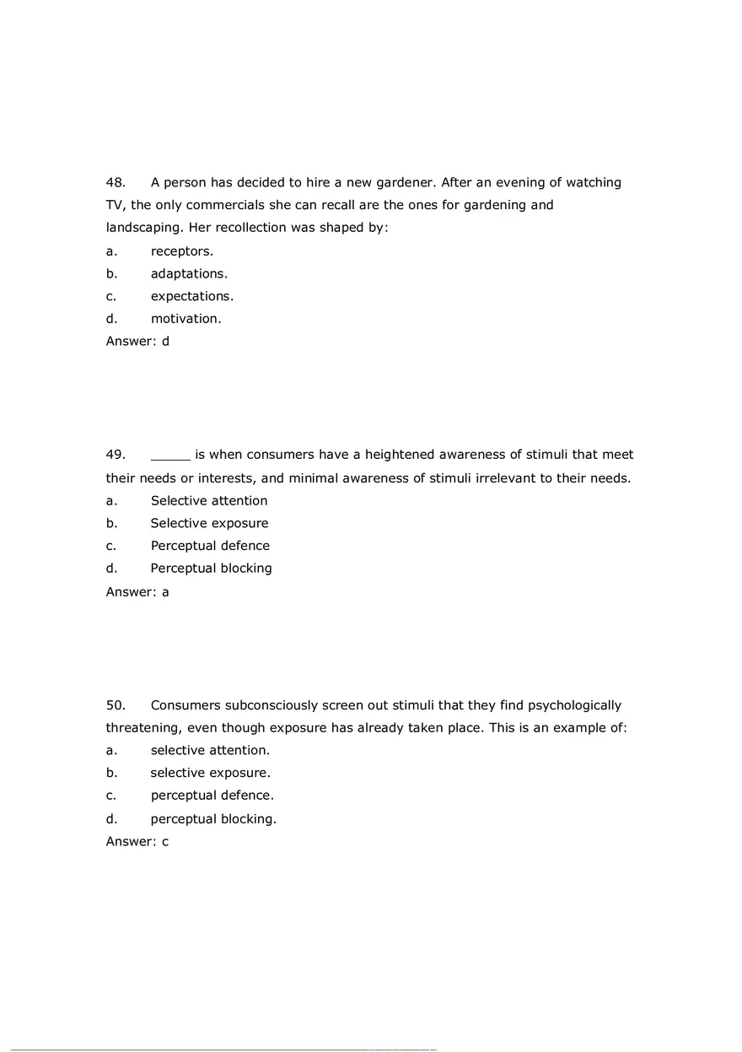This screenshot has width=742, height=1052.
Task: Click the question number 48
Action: pyautogui.click(x=116, y=182)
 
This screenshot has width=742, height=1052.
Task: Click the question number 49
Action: pyautogui.click(x=116, y=455)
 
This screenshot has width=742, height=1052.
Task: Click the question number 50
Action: pyautogui.click(x=116, y=705)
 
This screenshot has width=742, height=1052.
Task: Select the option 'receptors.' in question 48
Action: pyautogui.click(x=181, y=251)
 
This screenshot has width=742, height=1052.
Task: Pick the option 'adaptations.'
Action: pyautogui.click(x=189, y=273)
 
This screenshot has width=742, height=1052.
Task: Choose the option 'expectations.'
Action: pyautogui.click(x=192, y=296)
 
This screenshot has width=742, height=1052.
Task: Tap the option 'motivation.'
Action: pyautogui.click(x=185, y=319)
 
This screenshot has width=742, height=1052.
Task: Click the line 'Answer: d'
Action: pyautogui.click(x=137, y=342)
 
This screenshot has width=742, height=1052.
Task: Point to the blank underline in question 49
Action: pyautogui.click(x=170, y=456)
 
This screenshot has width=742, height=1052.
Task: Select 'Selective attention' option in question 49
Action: pyautogui.click(x=209, y=501)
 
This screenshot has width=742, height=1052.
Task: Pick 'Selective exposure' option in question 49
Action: pyautogui.click(x=209, y=523)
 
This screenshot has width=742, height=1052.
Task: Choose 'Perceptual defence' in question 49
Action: pyautogui.click(x=210, y=546)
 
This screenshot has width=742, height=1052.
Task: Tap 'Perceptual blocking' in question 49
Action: pyautogui.click(x=211, y=569)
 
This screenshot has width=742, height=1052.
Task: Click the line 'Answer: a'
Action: pyautogui.click(x=137, y=592)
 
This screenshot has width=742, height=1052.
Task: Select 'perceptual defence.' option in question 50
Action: pyautogui.click(x=212, y=796)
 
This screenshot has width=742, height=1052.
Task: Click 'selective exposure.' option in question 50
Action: pyautogui.click(x=210, y=773)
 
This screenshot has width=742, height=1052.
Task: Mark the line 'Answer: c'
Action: pyautogui.click(x=137, y=842)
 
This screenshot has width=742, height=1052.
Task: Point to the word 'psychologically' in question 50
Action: pyautogui.click(x=574, y=705)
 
